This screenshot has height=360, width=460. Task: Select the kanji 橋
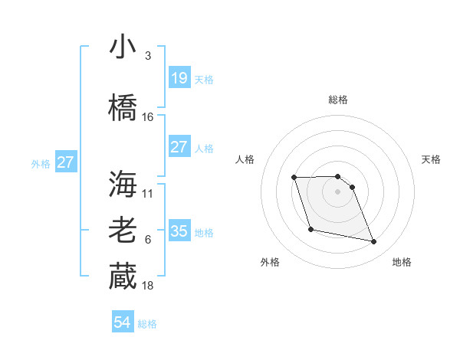click(123, 107)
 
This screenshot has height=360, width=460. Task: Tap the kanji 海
click(123, 183)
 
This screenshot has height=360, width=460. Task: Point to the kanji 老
click(123, 231)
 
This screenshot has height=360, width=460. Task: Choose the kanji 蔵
click(123, 276)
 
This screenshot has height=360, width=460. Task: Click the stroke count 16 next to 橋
click(148, 116)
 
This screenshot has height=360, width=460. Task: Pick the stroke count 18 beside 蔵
click(148, 285)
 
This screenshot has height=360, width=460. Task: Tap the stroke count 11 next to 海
click(148, 193)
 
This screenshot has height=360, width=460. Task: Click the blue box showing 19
click(179, 77)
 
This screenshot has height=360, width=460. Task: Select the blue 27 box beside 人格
click(179, 147)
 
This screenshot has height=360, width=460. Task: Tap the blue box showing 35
click(179, 231)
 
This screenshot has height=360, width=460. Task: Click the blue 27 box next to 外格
click(66, 162)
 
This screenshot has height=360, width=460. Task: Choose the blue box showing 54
click(123, 322)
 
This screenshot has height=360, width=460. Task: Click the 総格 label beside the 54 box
click(147, 324)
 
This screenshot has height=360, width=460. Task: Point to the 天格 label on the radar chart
click(432, 159)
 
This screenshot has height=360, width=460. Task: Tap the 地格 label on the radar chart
click(402, 262)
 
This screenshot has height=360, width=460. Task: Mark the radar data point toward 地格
click(374, 242)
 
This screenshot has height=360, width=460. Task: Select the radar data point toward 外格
click(310, 229)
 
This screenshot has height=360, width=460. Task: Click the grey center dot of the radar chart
click(337, 191)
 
